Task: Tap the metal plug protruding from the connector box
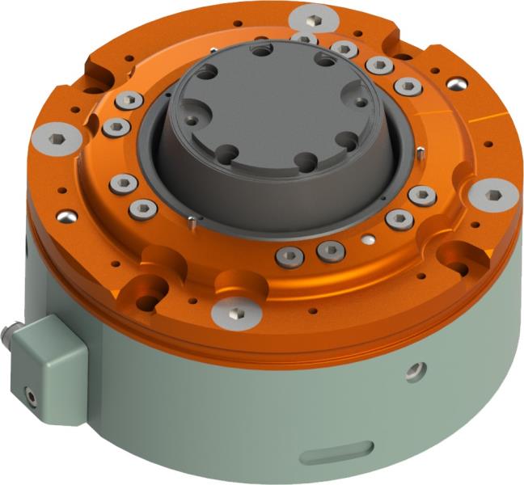[12, 332]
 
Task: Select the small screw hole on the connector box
[31, 395]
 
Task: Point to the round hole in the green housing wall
[416, 370]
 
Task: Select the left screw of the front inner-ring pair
[289, 257]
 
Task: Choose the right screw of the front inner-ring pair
[330, 251]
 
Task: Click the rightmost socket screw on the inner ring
[422, 195]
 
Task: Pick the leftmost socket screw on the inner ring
[116, 127]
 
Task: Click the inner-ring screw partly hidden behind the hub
[303, 38]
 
